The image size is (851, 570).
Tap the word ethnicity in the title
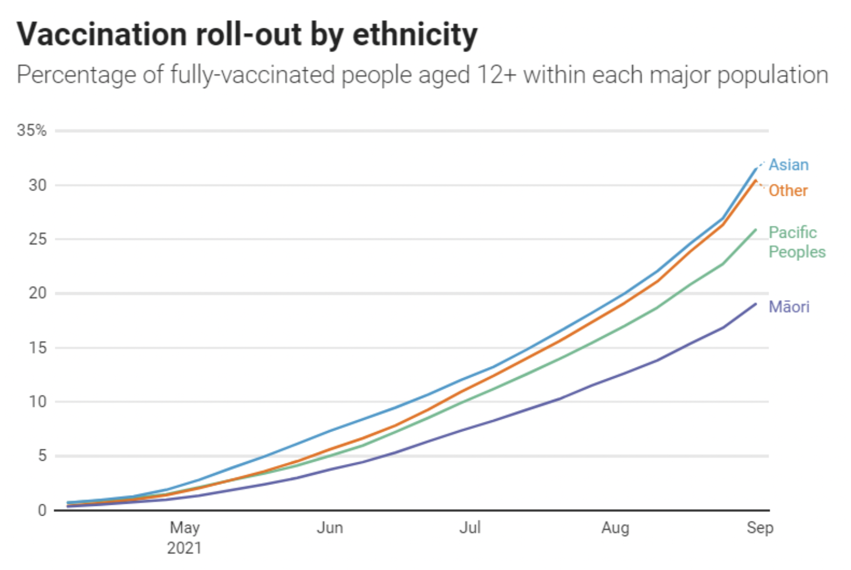(x=415, y=35)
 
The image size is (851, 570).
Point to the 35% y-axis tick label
(x=32, y=130)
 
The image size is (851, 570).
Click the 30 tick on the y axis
(x=37, y=185)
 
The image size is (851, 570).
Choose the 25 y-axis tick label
(x=37, y=239)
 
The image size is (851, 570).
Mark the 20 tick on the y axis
(x=37, y=293)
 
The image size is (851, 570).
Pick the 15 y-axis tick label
(x=37, y=348)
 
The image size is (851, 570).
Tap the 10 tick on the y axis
(x=37, y=401)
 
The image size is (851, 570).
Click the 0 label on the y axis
(x=42, y=510)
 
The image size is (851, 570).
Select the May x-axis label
(x=185, y=527)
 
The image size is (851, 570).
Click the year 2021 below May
(x=184, y=548)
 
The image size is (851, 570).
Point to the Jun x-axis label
(x=330, y=527)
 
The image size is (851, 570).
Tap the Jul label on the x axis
(x=470, y=527)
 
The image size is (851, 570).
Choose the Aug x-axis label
(x=615, y=527)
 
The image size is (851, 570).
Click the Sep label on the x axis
(x=760, y=527)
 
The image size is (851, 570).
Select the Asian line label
(x=789, y=165)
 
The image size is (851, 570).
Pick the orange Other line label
(x=788, y=191)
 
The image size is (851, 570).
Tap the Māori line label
(x=789, y=307)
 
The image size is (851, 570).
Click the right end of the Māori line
(x=755, y=304)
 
